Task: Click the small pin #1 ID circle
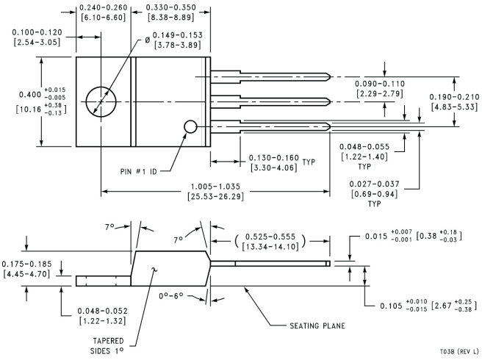pos(190,127)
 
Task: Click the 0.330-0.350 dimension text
pos(171,13)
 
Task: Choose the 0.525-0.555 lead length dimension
pos(268,241)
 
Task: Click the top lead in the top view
pos(272,76)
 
